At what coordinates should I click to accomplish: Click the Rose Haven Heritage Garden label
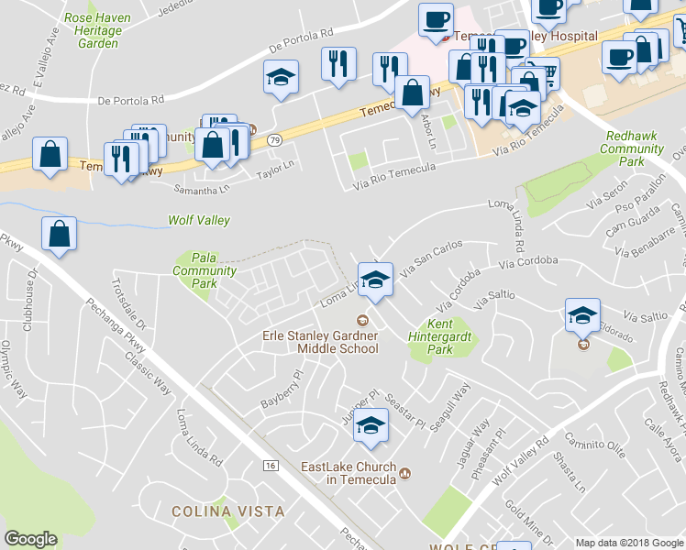point(94,30)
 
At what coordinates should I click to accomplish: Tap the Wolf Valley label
point(198,221)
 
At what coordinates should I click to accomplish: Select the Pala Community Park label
point(205,270)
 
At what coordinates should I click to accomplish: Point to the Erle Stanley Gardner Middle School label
point(320,342)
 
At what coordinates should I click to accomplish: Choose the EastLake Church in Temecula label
point(349,473)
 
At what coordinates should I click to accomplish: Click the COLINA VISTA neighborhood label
point(228,511)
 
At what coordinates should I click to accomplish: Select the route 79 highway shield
point(274,140)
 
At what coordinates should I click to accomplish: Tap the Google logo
point(31,539)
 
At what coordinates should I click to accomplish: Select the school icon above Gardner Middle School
point(375,279)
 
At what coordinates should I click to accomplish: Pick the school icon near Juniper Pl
point(371,426)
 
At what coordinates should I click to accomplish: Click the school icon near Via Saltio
point(581,316)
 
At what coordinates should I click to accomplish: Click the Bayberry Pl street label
point(281,390)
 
